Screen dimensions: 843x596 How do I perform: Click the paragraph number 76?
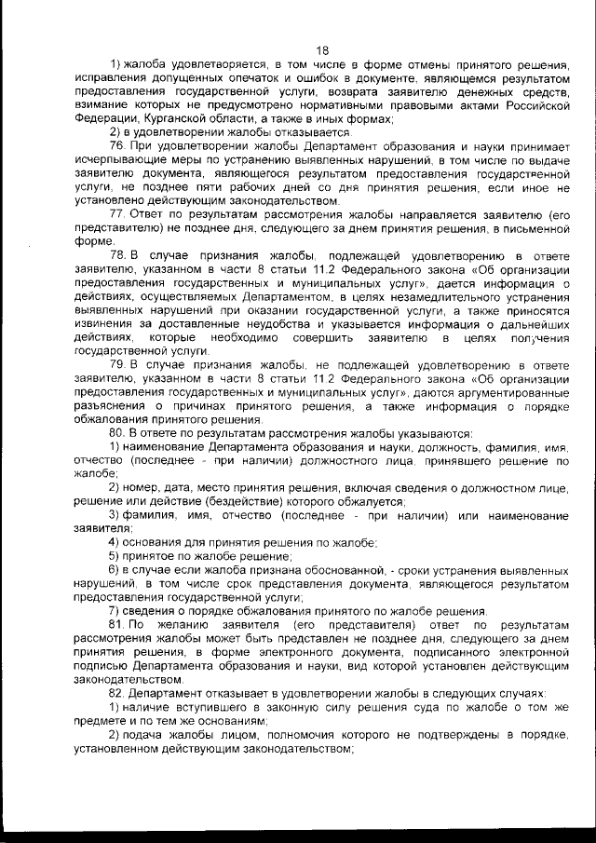pyautogui.click(x=118, y=148)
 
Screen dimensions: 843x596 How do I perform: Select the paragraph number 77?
pyautogui.click(x=118, y=213)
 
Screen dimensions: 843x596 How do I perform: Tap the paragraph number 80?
pyautogui.click(x=118, y=434)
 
